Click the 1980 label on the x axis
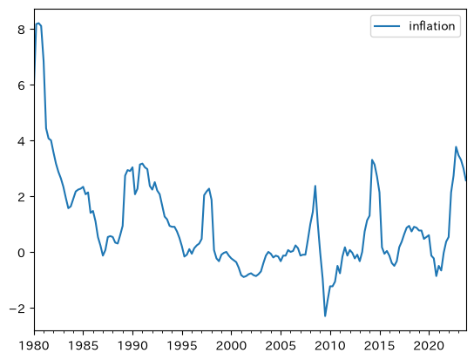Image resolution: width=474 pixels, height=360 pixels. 34,346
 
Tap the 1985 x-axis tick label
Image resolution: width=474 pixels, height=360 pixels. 83,346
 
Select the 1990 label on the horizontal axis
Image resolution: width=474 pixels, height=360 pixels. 132,346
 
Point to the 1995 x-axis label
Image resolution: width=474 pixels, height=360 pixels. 182,346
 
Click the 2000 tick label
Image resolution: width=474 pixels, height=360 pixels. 231,346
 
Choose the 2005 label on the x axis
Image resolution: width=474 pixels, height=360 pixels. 281,346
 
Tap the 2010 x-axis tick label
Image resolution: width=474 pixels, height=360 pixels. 330,346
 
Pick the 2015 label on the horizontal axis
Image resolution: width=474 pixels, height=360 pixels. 379,346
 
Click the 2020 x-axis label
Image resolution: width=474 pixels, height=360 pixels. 429,346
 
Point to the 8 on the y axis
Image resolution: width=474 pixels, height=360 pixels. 21,30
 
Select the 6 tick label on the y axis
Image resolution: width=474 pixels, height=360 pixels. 21,85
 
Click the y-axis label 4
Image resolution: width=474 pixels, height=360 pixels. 21,141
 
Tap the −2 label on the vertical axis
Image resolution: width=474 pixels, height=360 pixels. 17,309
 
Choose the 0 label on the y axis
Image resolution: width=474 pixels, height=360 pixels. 21,253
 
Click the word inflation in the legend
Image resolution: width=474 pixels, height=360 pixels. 431,26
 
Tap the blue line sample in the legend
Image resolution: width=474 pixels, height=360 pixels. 387,26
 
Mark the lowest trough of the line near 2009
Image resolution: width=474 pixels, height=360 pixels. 325,316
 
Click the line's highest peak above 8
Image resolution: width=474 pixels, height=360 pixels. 38,23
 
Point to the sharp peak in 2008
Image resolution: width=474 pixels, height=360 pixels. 315,186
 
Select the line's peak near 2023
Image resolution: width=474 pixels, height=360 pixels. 456,147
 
